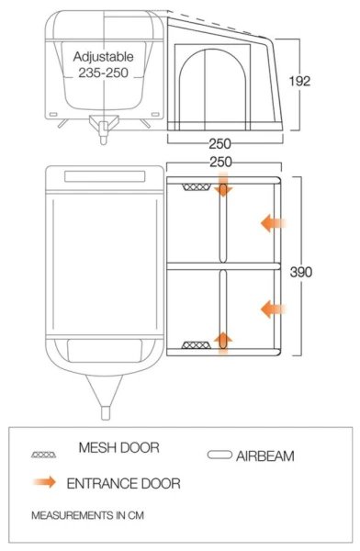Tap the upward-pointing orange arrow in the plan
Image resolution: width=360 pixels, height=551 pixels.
[222, 342]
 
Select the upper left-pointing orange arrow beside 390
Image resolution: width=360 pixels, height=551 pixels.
[273, 222]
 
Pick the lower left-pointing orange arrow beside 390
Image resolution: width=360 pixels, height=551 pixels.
[273, 309]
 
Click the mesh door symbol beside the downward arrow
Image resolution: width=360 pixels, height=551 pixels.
[196, 186]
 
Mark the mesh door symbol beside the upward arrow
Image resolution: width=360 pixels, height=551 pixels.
[196, 346]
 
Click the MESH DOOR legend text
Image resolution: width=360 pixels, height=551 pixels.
[120, 449]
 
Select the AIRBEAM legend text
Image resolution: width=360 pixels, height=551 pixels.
[266, 455]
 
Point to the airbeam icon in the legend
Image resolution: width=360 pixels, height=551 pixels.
[221, 455]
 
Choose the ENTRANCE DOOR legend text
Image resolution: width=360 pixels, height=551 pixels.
[122, 482]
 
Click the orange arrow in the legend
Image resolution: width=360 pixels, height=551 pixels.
[44, 481]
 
